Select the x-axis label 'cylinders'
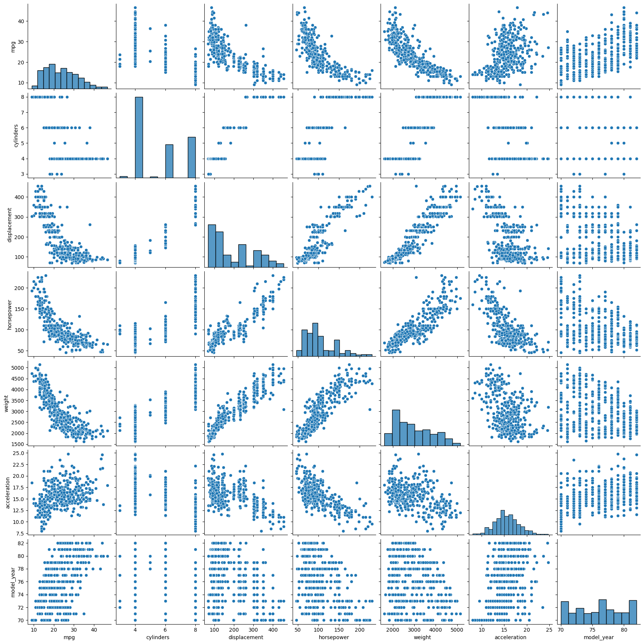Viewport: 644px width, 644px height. (158, 637)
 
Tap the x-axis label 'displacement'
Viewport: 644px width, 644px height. (246, 637)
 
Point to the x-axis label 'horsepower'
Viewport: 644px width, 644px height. (334, 637)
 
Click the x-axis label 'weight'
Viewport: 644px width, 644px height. (422, 637)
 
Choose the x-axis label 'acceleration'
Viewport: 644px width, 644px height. (510, 637)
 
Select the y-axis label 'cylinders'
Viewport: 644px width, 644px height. (16, 135)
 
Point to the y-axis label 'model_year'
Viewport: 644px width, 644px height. (13, 582)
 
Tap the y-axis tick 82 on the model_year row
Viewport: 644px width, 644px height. (21, 543)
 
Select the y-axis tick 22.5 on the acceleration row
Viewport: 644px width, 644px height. (18, 464)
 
